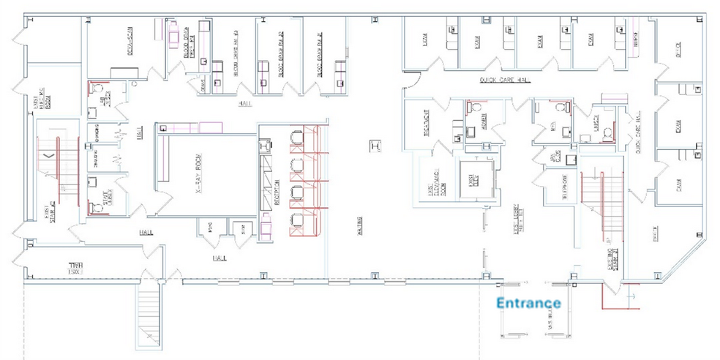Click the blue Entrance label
click(528, 302)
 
